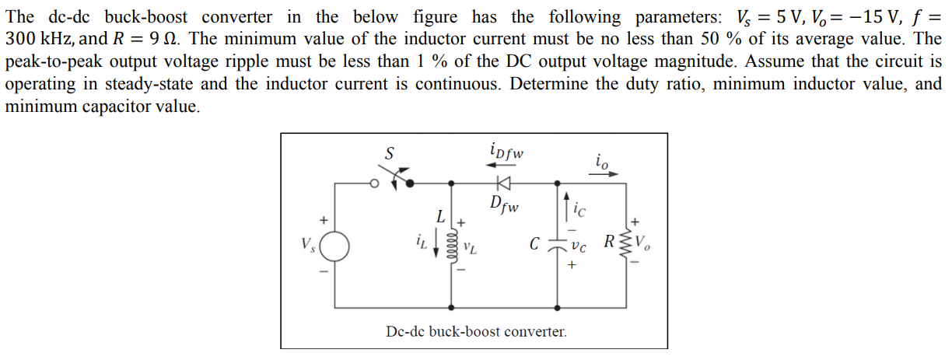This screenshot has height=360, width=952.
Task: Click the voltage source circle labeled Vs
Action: coord(334,248)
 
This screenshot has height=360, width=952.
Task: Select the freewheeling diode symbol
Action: coord(504,183)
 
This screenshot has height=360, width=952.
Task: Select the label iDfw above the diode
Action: coord(506,150)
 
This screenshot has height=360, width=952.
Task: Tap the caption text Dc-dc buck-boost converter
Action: coord(476,332)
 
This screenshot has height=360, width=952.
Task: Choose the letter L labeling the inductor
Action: coord(440,215)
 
